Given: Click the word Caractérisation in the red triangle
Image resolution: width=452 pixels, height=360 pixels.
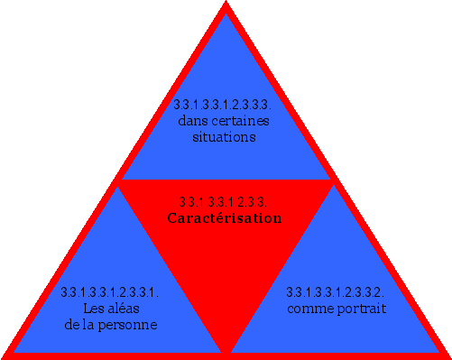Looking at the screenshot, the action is click(x=225, y=218).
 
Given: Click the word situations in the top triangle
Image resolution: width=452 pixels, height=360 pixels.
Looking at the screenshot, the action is click(x=225, y=137).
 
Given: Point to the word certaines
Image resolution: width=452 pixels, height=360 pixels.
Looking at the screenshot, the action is click(x=241, y=121).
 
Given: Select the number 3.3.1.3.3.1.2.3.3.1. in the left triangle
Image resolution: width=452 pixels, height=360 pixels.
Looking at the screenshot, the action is click(x=110, y=292).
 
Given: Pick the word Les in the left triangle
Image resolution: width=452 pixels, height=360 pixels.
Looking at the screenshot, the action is click(x=92, y=309).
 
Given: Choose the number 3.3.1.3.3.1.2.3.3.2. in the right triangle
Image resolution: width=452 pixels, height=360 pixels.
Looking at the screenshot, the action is click(x=336, y=292).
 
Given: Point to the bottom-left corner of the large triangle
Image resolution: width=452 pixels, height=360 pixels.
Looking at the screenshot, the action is click(x=4, y=355).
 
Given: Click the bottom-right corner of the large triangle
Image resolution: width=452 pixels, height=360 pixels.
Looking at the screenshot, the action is click(x=448, y=355).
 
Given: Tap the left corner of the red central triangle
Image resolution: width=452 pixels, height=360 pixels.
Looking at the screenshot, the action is click(x=119, y=181).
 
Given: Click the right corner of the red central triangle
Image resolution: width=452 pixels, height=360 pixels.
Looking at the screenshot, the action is click(x=334, y=181).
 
